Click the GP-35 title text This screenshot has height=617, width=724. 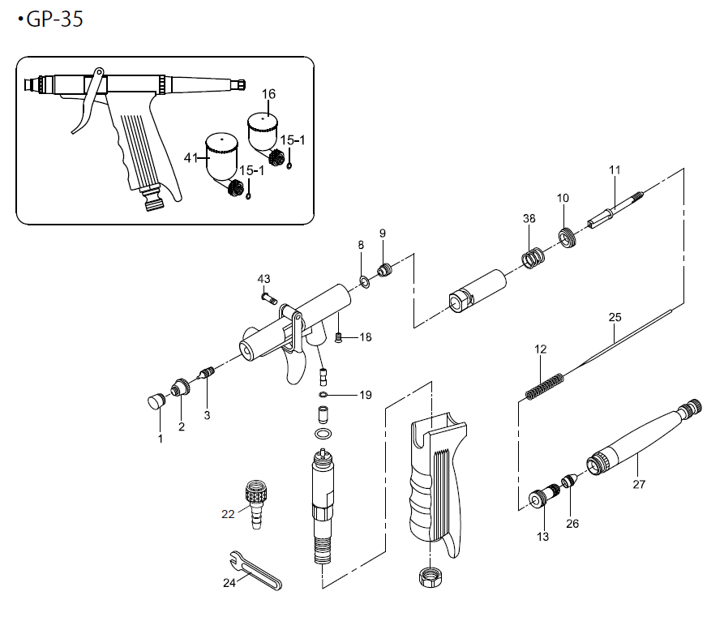pos(54,19)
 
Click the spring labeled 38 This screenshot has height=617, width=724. pos(531,259)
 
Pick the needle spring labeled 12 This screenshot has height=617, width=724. pos(544,384)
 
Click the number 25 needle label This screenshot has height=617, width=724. pos(614,316)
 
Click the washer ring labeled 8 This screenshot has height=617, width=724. pos(363,282)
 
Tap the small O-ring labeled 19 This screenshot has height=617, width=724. pos(323,396)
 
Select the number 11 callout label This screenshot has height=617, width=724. pos(614,169)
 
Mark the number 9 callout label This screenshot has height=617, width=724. pos(382,234)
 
